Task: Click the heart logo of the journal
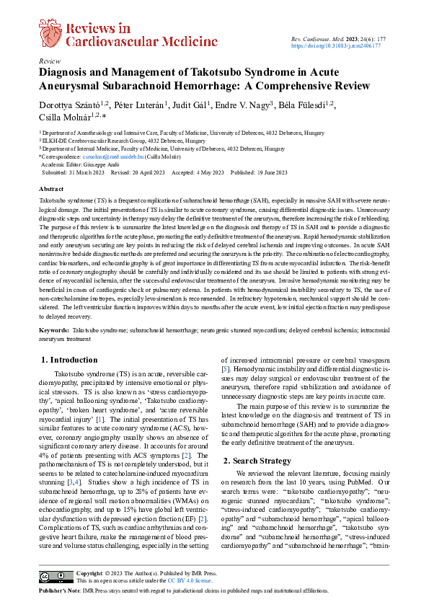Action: pos(50,32)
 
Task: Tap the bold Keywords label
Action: pos(54,329)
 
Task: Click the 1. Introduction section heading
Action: pos(69,359)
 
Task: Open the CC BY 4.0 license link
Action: pos(190,580)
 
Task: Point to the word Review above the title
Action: pos(50,62)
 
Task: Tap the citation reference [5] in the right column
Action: pos(226,369)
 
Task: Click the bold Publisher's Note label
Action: pos(61,590)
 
